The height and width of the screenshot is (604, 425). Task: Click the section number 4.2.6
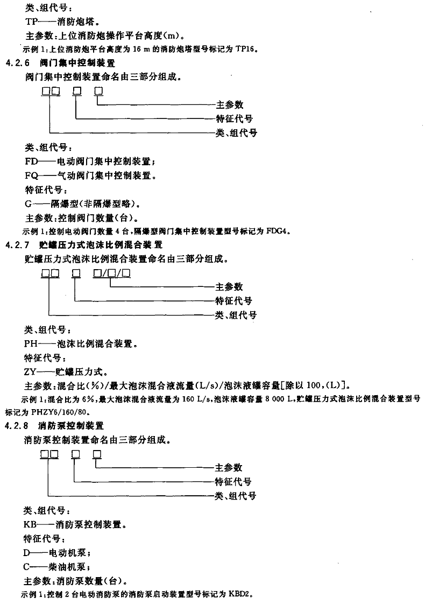[x=17, y=63]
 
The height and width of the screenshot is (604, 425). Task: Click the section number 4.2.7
[x=17, y=245]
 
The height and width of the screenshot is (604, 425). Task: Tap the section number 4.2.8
[x=17, y=426]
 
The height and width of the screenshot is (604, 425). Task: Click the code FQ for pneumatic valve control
[x=32, y=176]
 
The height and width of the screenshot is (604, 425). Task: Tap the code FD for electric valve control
[x=32, y=162]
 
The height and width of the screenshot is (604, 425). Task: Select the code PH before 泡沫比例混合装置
[x=31, y=343]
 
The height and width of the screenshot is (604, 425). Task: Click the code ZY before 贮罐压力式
[x=31, y=372]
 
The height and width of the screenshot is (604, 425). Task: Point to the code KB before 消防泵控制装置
[x=30, y=525]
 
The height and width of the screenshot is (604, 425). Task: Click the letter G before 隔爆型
[x=28, y=204]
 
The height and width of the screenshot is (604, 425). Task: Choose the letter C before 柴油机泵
[x=26, y=567]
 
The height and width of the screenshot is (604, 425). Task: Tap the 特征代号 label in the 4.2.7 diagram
[x=233, y=301]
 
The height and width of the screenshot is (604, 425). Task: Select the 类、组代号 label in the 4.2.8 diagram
[x=235, y=496]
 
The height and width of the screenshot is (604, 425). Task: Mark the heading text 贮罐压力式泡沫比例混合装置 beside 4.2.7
[x=101, y=245]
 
